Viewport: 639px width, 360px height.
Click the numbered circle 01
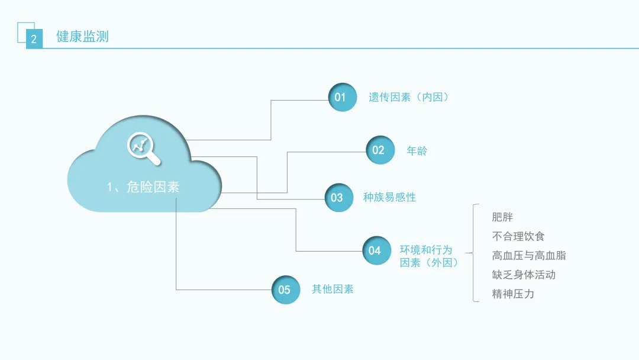(343, 97)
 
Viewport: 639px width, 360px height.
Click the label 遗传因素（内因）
(408, 97)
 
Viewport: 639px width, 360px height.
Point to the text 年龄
(417, 151)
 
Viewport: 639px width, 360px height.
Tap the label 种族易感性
(389, 197)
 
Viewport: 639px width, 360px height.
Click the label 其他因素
(333, 290)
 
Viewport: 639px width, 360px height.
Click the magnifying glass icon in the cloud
(144, 148)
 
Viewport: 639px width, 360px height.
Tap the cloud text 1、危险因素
(143, 187)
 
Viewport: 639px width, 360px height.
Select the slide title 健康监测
(82, 37)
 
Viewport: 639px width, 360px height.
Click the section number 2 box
(34, 40)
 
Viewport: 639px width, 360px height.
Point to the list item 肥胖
(502, 217)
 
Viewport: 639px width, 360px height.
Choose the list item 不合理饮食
(518, 236)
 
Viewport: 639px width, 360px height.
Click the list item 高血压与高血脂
(528, 255)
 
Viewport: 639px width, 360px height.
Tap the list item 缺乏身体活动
(523, 275)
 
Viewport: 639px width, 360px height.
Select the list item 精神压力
(512, 294)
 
